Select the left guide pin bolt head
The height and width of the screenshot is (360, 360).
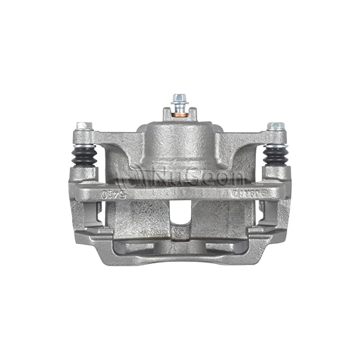coord(85,126)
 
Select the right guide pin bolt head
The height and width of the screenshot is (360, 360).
coord(275,126)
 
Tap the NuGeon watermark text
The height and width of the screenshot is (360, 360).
coord(198,175)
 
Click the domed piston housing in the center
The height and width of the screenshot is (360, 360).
coord(180,144)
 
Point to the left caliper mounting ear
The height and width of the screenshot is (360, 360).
coord(85,137)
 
